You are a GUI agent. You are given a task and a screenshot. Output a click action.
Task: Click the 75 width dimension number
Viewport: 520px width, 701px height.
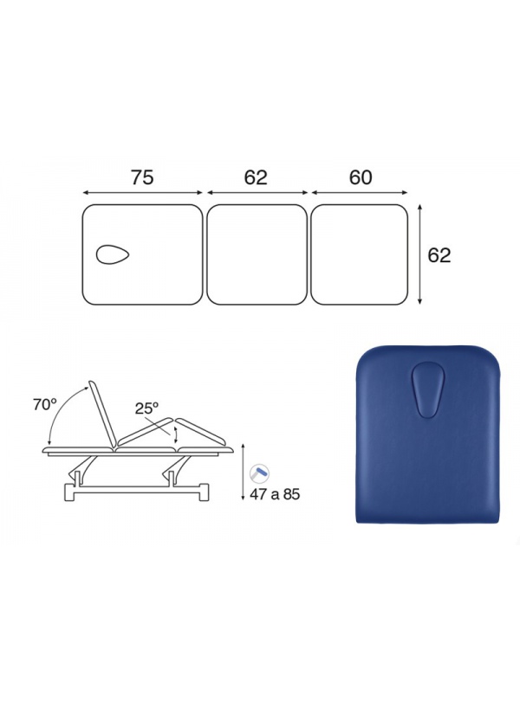coord(142,177)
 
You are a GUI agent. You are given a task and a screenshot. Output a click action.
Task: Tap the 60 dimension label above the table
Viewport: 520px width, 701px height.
coord(361,177)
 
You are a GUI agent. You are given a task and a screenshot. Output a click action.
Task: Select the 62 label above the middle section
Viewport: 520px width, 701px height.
coord(256,177)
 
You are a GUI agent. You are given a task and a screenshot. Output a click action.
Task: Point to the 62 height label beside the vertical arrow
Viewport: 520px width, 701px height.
coord(439,255)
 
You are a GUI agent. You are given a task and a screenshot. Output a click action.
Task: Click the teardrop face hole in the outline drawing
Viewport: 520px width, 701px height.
coord(113,254)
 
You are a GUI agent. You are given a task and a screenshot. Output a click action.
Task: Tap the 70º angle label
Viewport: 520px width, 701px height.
coord(45,405)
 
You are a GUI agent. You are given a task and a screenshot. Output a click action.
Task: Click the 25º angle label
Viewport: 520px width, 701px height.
coord(147,408)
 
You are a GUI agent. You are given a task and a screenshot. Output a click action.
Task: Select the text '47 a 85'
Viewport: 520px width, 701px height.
coord(275,494)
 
